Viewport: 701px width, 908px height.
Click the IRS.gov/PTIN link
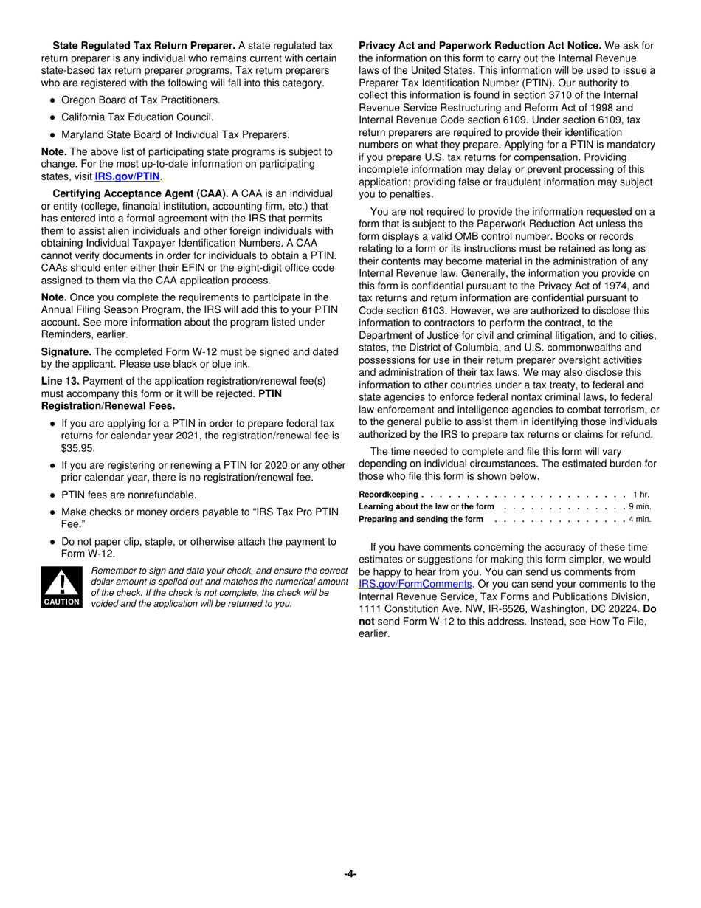(127, 177)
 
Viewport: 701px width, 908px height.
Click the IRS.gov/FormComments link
(415, 584)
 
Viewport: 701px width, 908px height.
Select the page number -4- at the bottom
(350, 874)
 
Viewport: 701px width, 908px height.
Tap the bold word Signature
(66, 352)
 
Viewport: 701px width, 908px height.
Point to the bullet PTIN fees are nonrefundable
(128, 495)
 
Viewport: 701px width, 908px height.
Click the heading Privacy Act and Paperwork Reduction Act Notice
(480, 46)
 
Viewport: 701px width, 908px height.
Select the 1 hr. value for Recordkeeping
(640, 494)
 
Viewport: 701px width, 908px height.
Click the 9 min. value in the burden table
(639, 506)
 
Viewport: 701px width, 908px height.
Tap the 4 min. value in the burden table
(639, 519)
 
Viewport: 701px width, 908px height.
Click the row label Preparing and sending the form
(421, 519)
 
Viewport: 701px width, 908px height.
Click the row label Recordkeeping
(388, 494)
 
